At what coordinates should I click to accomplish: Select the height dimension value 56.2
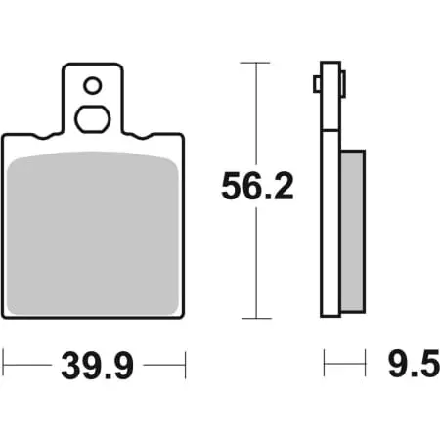(257, 187)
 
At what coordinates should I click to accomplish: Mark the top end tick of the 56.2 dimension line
(255, 64)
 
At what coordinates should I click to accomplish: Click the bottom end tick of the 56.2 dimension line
(255, 319)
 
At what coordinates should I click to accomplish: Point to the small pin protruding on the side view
(317, 85)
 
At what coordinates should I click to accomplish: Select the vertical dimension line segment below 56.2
(255, 264)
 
